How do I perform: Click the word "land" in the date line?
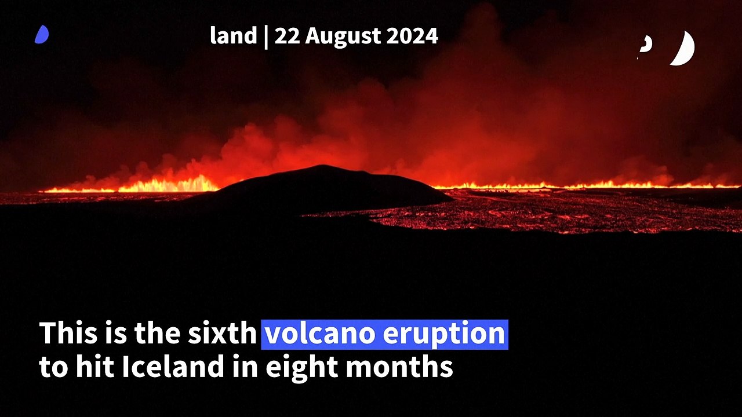pos(233,36)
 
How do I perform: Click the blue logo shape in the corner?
pos(42,35)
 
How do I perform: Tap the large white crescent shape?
pos(683,48)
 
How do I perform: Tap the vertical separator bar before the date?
pos(265,36)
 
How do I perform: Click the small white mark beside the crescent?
pos(645,45)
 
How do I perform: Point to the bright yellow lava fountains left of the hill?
pos(168,185)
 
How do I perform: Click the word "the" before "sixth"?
pos(159,334)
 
